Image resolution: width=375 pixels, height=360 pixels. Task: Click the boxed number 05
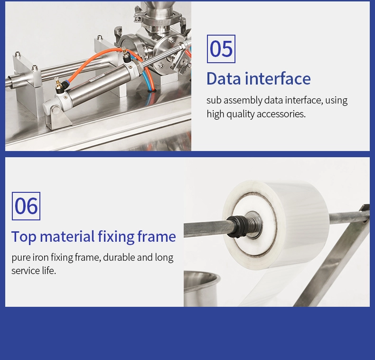(221, 49)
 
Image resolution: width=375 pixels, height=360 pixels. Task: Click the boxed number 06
(26, 206)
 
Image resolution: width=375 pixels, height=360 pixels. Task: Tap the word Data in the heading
(224, 78)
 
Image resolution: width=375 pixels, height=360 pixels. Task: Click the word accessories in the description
(281, 114)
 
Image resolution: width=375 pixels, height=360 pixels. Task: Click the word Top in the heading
(24, 237)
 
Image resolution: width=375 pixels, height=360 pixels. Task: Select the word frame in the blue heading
(157, 237)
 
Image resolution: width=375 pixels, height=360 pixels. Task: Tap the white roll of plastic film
(275, 224)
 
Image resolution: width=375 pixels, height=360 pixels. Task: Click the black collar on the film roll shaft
(236, 226)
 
